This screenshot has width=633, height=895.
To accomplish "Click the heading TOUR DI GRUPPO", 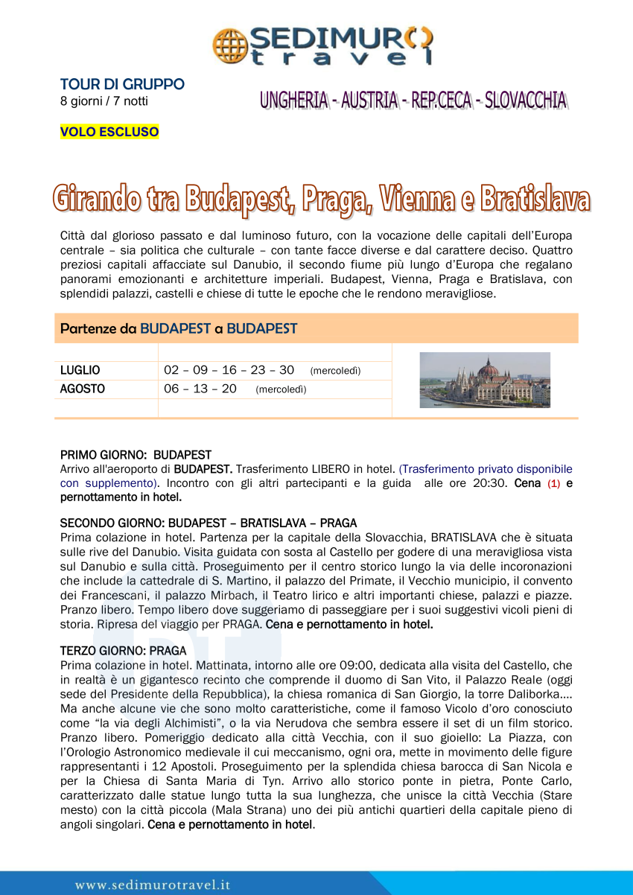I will click(x=122, y=84).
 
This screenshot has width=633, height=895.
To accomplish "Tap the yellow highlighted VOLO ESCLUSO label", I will click(x=109, y=133).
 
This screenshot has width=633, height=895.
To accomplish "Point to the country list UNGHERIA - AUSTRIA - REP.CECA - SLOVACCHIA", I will click(x=413, y=101).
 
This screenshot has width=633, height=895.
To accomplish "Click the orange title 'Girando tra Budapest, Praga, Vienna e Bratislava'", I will click(x=321, y=199).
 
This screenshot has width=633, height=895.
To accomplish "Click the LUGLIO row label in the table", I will click(x=80, y=371).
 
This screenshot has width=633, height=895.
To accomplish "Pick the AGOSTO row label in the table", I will click(x=82, y=389).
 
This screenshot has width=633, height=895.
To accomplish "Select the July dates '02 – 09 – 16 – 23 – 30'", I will click(x=229, y=371).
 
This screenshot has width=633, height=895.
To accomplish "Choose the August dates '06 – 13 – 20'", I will click(x=200, y=389).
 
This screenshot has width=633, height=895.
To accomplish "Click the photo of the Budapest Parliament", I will click(x=485, y=380).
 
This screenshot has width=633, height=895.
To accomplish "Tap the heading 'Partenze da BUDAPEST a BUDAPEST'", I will click(x=179, y=328).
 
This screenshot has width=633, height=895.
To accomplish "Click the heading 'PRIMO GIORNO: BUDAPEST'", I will click(x=136, y=455).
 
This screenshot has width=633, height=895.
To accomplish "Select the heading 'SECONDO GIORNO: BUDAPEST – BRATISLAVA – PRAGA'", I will click(x=208, y=523).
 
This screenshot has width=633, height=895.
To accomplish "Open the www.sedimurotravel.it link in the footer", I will click(x=153, y=885).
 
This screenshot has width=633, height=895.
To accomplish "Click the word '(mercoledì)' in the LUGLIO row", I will click(x=335, y=372).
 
